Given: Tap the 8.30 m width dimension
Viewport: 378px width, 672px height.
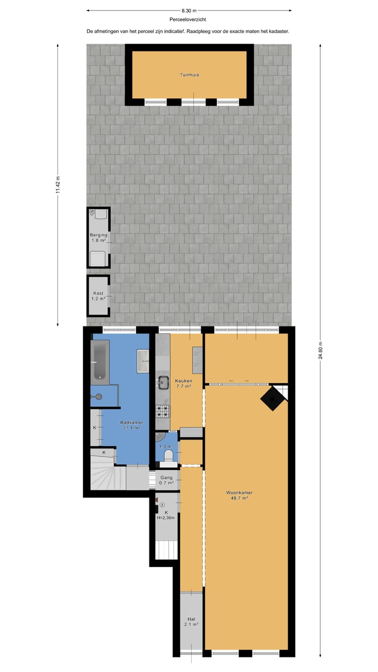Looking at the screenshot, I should [189, 10].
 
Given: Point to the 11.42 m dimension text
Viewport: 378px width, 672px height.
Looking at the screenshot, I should [58, 185].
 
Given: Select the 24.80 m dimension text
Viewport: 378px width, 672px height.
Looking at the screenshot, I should [321, 350].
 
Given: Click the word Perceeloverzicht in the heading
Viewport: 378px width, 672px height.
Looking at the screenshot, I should [188, 19].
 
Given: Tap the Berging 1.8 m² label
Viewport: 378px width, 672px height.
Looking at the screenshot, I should [98, 237].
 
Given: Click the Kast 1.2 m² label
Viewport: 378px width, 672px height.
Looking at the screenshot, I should [98, 296].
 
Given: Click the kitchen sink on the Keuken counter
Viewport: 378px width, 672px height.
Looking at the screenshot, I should [163, 382].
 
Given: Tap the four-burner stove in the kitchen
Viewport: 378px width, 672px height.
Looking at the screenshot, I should [163, 411].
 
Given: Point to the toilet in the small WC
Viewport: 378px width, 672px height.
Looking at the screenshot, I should [169, 455].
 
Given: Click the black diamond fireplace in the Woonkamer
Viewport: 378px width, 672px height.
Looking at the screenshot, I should [272, 399].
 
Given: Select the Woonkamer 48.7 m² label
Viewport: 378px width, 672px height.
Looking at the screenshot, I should [239, 495].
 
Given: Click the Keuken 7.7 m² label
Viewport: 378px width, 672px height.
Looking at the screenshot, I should [184, 383].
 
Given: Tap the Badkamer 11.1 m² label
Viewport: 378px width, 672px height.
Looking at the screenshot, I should [132, 425].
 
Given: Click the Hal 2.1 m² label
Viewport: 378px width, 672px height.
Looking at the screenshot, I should [191, 622].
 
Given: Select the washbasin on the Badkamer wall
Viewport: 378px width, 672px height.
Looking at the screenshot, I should [143, 360].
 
